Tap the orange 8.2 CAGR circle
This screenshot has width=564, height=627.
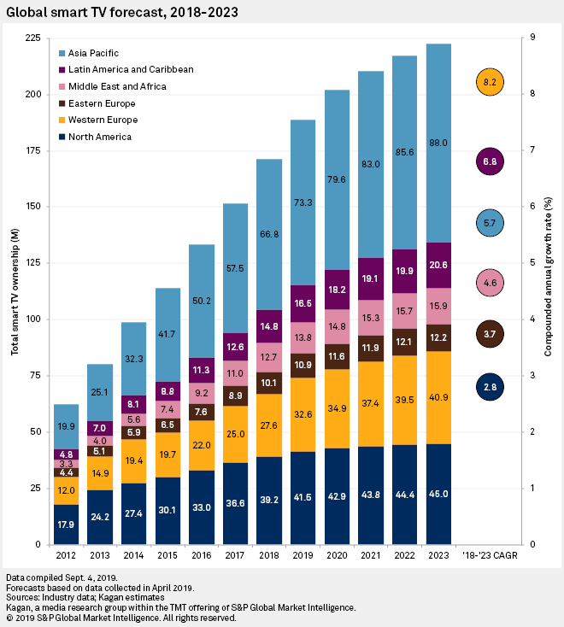pyautogui.click(x=490, y=82)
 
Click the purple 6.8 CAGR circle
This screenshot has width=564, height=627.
pyautogui.click(x=490, y=161)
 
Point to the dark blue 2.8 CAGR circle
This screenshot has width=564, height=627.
pyautogui.click(x=490, y=387)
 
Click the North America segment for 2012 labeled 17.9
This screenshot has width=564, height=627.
pyautogui.click(x=66, y=524)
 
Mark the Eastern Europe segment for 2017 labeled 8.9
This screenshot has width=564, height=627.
pyautogui.click(x=235, y=396)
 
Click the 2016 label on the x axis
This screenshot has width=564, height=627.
pyautogui.click(x=201, y=557)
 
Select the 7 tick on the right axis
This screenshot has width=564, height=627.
pyautogui.click(x=533, y=150)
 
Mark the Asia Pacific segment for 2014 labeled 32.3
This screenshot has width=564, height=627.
pyautogui.click(x=133, y=361)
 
